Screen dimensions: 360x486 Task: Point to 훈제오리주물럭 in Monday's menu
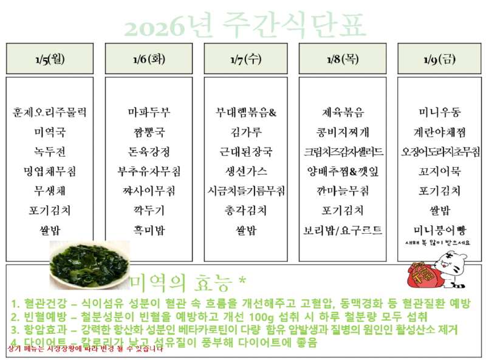(50, 112)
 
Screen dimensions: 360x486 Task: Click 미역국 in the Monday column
(50, 132)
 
